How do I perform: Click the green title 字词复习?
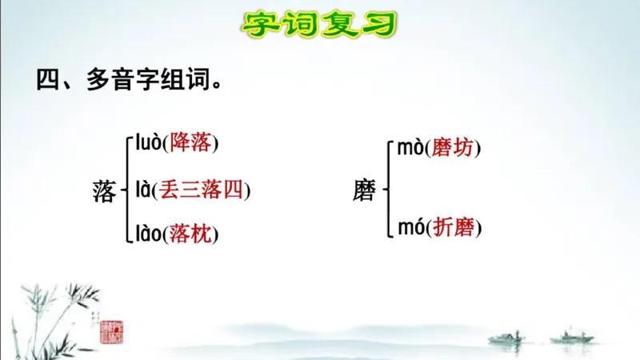(319, 25)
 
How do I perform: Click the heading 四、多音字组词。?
(129, 81)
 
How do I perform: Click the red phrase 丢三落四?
(202, 190)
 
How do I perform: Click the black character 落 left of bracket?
(105, 190)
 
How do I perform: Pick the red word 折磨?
(454, 228)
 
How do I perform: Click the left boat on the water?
(506, 338)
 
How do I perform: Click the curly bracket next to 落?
(126, 190)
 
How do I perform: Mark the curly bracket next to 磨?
(386, 190)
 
